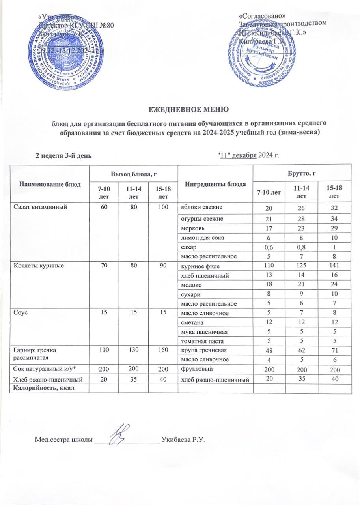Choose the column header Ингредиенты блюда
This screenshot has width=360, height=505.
pyautogui.click(x=211, y=184)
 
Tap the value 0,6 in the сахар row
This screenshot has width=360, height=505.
pyautogui.click(x=269, y=247)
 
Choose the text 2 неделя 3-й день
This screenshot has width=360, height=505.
pyautogui.click(x=64, y=155)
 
